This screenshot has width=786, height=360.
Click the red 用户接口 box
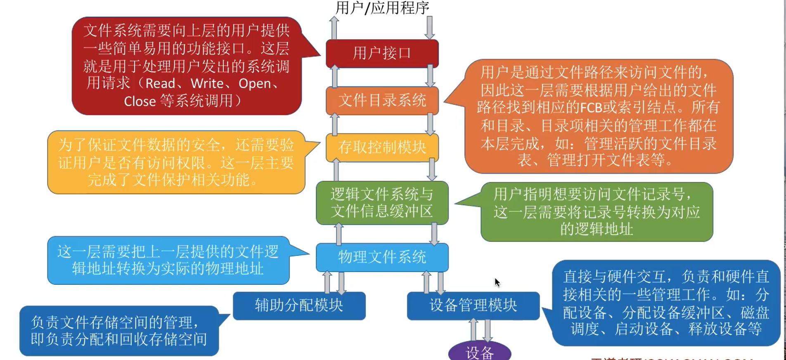[382, 53]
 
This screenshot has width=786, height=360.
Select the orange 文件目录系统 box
[382, 100]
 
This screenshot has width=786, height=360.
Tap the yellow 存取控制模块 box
[382, 147]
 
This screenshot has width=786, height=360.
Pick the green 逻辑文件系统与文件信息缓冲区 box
[382, 203]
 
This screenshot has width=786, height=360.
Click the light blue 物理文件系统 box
[382, 257]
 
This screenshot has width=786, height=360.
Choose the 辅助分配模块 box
[299, 306]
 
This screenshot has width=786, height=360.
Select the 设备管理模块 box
[473, 306]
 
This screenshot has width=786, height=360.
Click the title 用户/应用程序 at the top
[382, 7]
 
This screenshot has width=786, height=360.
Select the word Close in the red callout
[140, 101]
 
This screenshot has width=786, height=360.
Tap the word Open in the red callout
[255, 83]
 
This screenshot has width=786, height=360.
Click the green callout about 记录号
[597, 212]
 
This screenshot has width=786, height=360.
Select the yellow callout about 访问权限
[176, 162]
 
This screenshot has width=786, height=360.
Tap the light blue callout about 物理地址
[168, 260]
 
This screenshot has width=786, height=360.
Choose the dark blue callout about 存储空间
[119, 331]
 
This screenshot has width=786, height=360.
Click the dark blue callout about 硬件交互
[665, 303]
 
